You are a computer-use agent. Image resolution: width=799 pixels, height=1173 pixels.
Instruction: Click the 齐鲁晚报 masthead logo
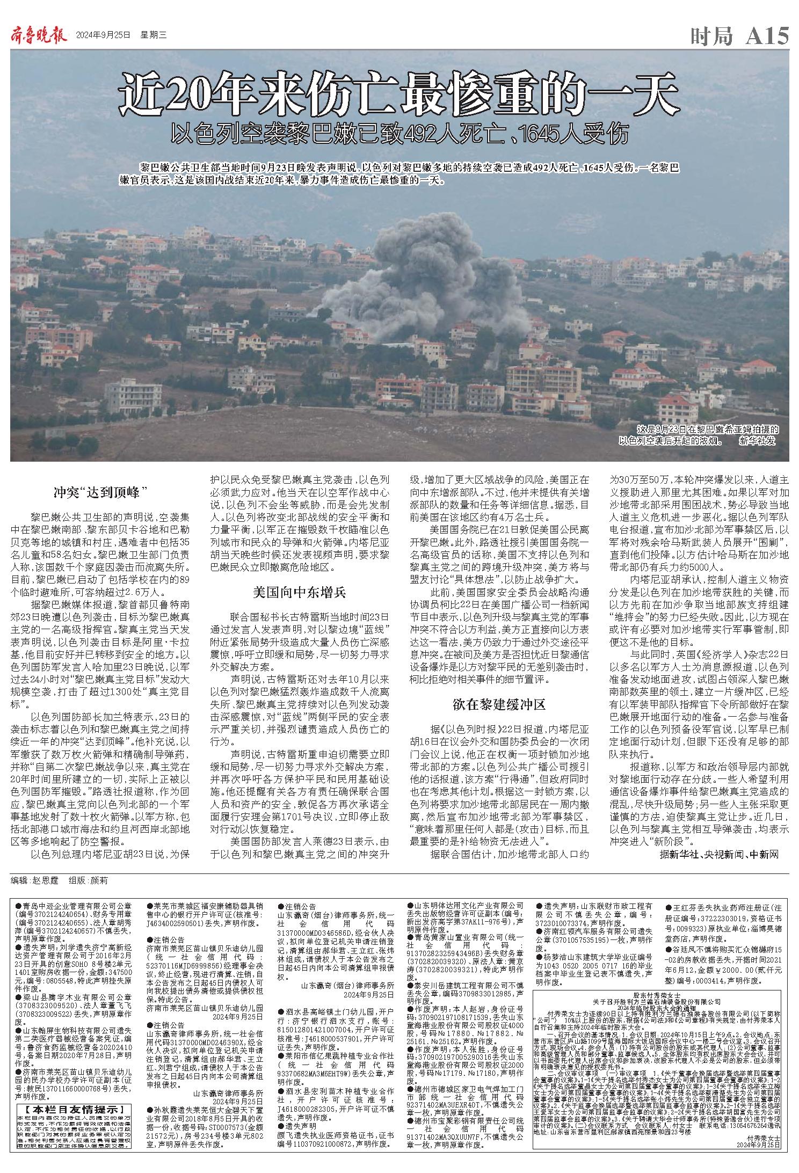[38, 35]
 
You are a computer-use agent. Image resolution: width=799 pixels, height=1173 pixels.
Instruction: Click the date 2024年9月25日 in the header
[103, 36]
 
